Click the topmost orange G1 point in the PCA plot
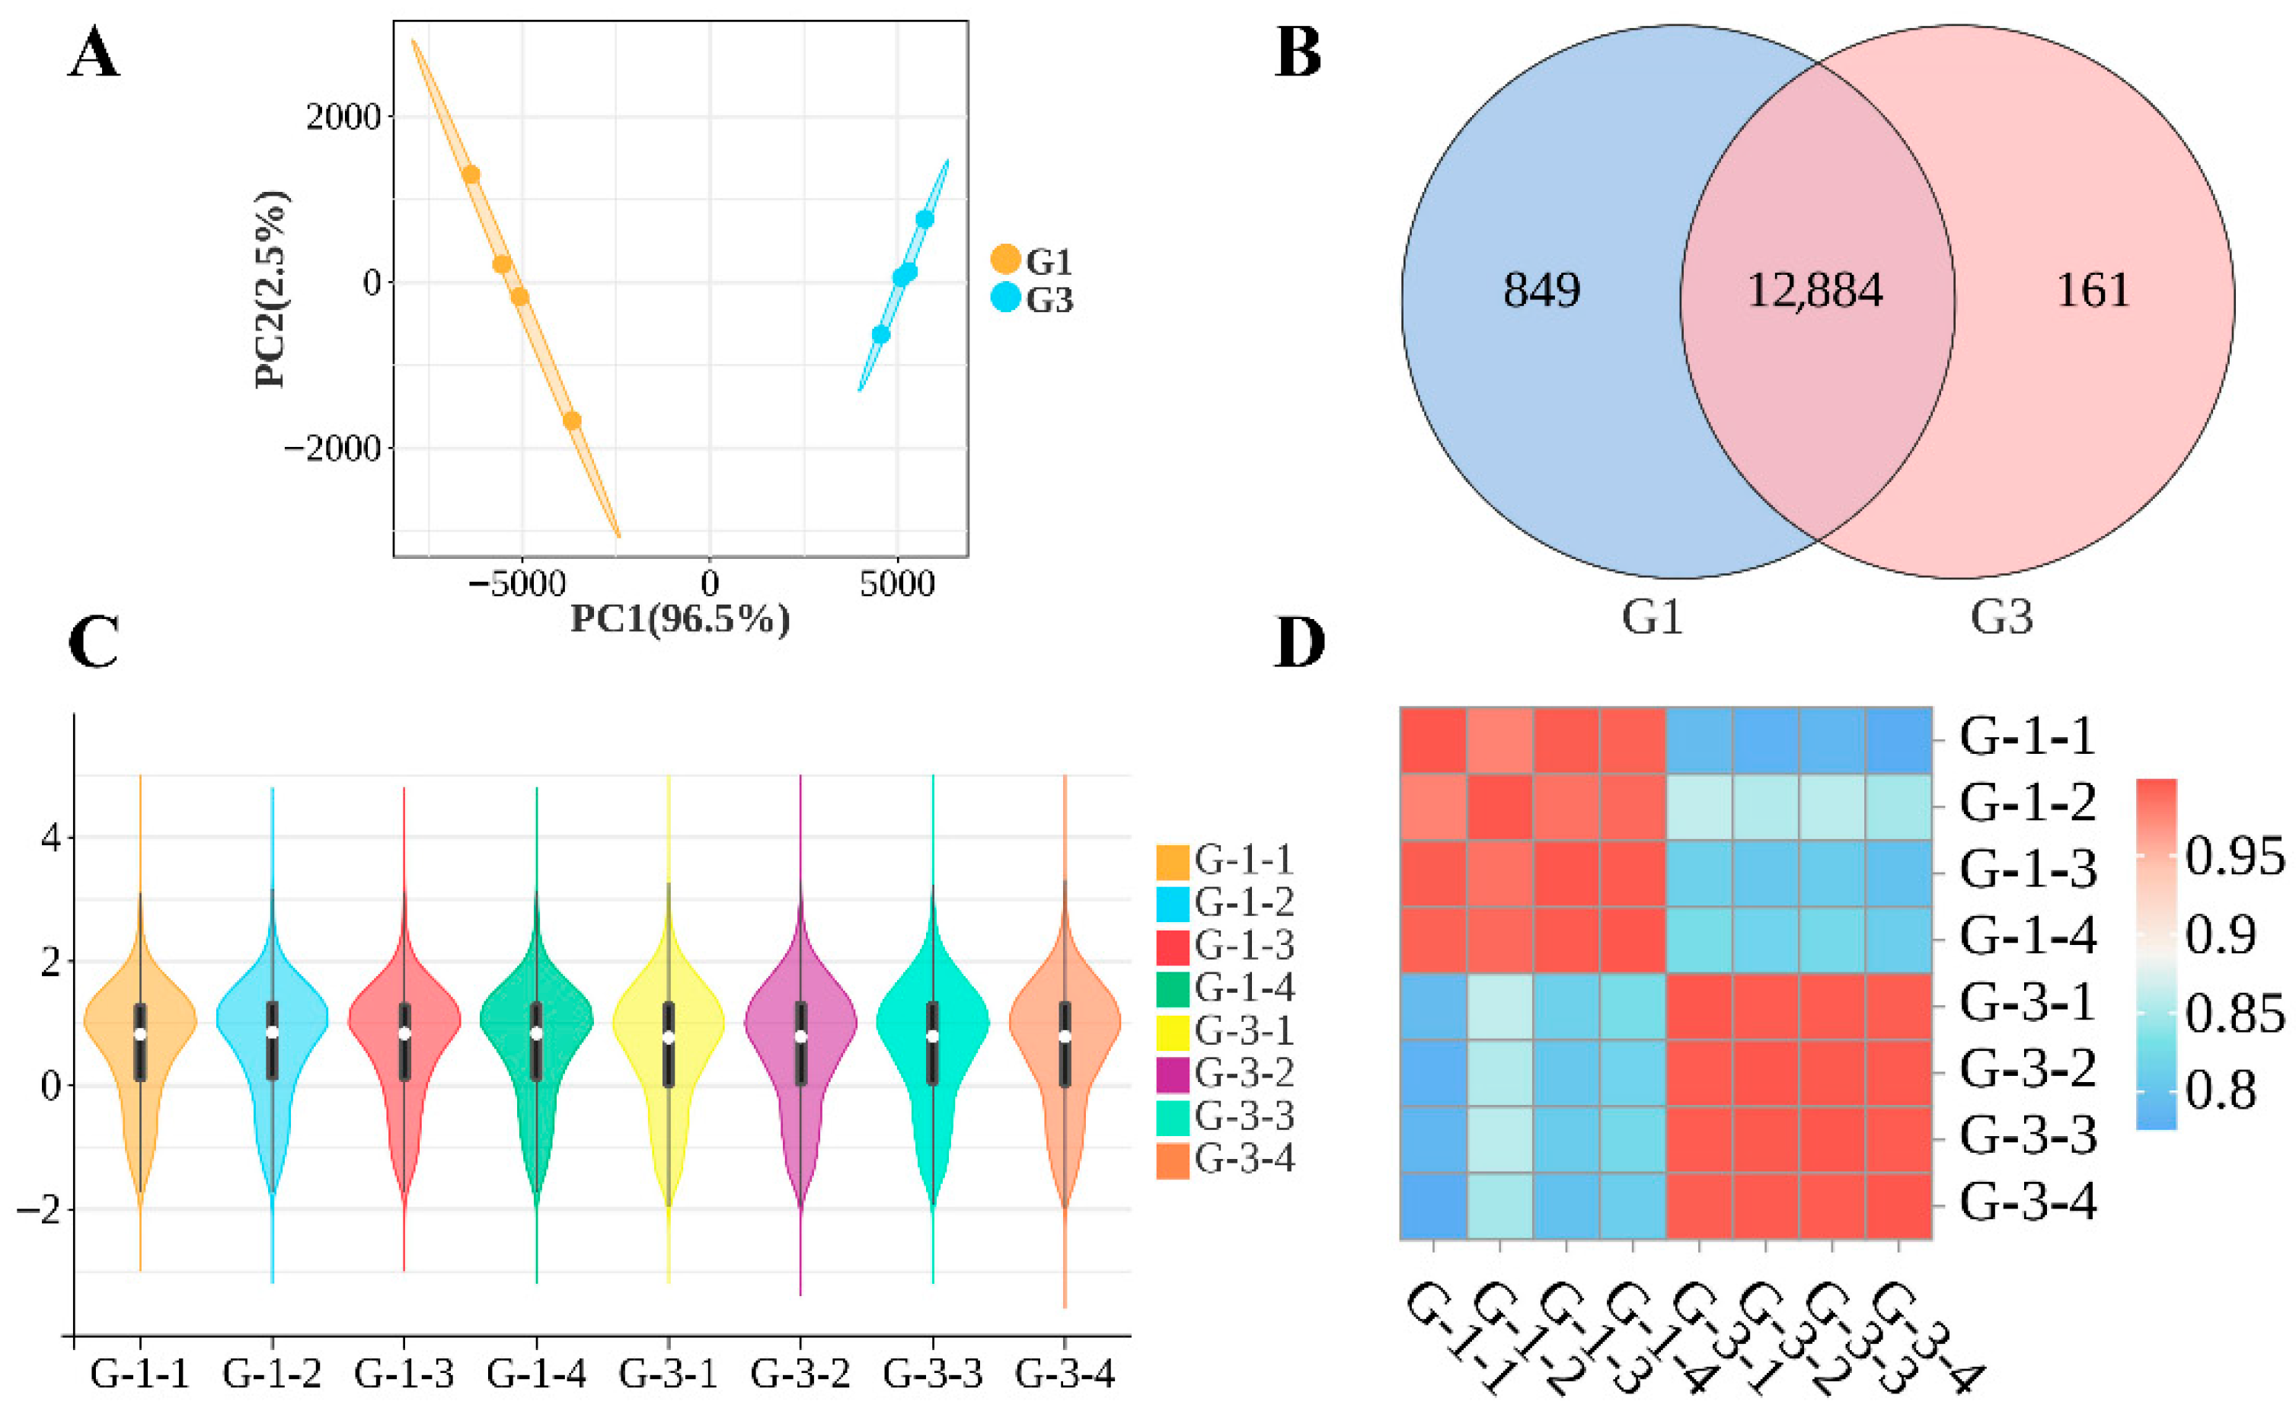pyautogui.click(x=471, y=174)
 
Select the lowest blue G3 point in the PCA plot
pyautogui.click(x=880, y=334)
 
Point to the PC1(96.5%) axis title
pyautogui.click(x=679, y=619)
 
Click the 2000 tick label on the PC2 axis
pyautogui.click(x=343, y=117)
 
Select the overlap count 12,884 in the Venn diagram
pyautogui.click(x=1815, y=290)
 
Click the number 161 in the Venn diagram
pyautogui.click(x=2093, y=290)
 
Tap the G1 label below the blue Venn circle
pyautogui.click(x=1652, y=617)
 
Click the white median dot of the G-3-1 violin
pyautogui.click(x=669, y=1037)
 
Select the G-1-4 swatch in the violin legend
pyautogui.click(x=1172, y=989)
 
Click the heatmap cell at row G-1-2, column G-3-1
pyautogui.click(x=1699, y=806)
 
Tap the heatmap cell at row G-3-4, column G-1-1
pyautogui.click(x=1434, y=1205)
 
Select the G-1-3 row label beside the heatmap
pyautogui.click(x=2027, y=870)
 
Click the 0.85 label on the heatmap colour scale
pyautogui.click(x=2234, y=1014)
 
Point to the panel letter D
pyautogui.click(x=1299, y=642)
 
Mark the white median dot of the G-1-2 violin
pyautogui.click(x=273, y=1032)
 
